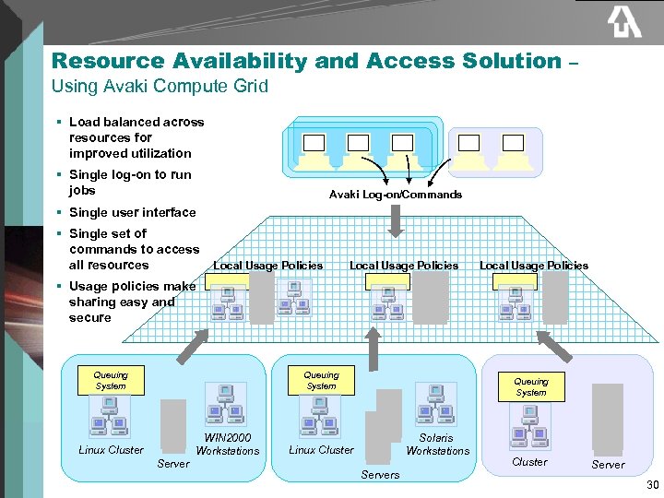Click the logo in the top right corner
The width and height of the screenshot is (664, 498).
[x=623, y=22]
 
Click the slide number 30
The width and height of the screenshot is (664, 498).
[x=653, y=486]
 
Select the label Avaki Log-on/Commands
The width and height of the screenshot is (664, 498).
[x=396, y=195]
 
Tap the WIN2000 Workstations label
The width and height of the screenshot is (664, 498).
[x=228, y=445]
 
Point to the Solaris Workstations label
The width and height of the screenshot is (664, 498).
[x=437, y=445]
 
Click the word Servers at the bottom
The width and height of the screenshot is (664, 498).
[x=380, y=475]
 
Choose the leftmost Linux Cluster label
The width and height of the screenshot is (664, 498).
[x=111, y=450]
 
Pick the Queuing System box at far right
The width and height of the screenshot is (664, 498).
[x=530, y=386]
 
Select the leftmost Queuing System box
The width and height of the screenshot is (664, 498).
[x=111, y=380]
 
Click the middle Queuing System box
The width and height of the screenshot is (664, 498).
[x=321, y=380]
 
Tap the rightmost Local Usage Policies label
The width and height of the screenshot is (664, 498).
[x=534, y=266]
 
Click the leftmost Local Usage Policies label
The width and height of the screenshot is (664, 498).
[x=267, y=266]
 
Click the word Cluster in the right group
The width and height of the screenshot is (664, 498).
[x=529, y=462]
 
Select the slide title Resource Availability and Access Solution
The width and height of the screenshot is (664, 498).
[x=306, y=62]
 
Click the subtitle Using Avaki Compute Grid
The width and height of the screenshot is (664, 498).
[x=160, y=87]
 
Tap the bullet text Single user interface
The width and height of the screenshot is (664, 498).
[x=132, y=212]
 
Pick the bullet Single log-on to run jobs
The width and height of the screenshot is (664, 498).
[x=130, y=183]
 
